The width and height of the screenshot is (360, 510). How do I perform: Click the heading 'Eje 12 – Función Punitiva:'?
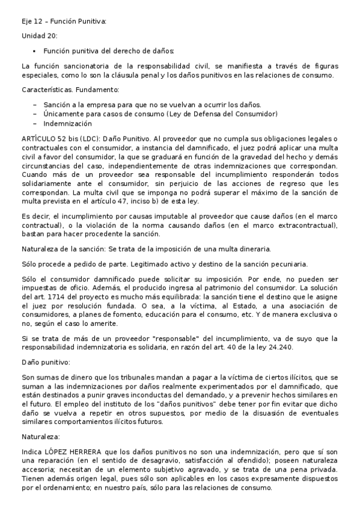(63, 22)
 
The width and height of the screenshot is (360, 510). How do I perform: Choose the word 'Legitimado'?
(150, 264)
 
